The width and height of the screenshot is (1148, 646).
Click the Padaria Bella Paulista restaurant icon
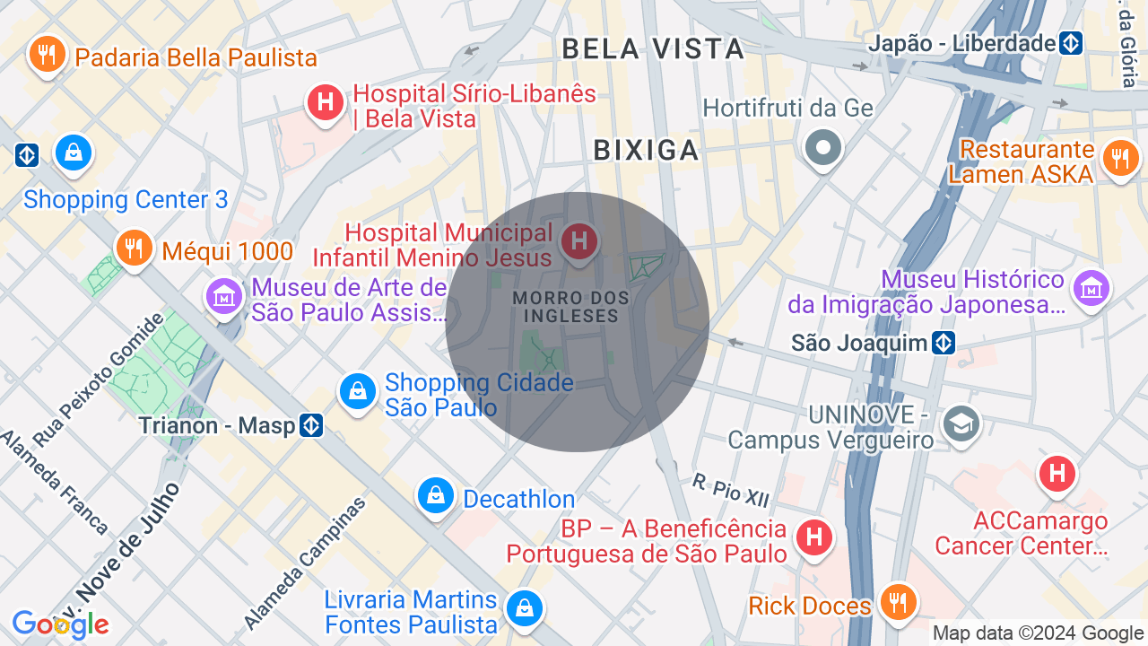47,56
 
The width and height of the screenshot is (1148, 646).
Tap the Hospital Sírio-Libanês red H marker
326,103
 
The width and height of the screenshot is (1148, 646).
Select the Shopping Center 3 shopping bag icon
74,153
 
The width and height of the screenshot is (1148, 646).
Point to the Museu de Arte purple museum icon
223,295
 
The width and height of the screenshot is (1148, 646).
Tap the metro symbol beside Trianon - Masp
311,425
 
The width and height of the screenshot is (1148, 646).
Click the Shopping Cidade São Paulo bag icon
358,392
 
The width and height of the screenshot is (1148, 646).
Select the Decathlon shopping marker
436,495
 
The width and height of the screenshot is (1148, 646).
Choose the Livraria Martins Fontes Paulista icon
523,609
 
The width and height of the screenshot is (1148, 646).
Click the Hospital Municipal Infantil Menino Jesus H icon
579,241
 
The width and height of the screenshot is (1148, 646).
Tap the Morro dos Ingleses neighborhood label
571,307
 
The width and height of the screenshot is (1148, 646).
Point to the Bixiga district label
646,151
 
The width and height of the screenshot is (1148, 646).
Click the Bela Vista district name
653,48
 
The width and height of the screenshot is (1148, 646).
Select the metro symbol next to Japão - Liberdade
1070,43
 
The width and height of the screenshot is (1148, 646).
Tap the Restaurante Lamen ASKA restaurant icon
1119,159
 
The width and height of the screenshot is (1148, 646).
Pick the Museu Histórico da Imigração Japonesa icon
1091,289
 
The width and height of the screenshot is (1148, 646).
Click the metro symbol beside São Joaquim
943,343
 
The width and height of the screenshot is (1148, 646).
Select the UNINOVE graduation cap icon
961,423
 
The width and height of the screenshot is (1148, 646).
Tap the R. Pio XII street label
731,488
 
